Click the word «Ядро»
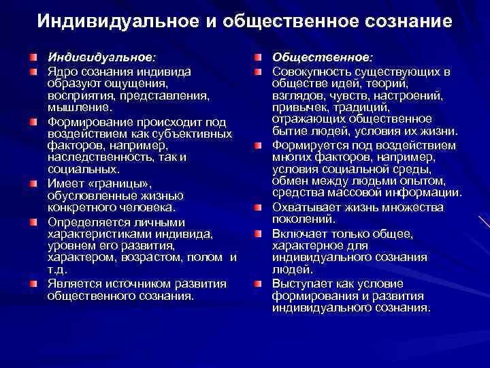pyautogui.click(x=63, y=71)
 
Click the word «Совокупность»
pyautogui.click(x=313, y=71)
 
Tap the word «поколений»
pyautogui.click(x=304, y=219)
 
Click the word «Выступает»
pyautogui.click(x=303, y=283)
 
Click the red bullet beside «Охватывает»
pyautogui.click(x=260, y=207)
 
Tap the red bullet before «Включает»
pyautogui.click(x=260, y=232)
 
